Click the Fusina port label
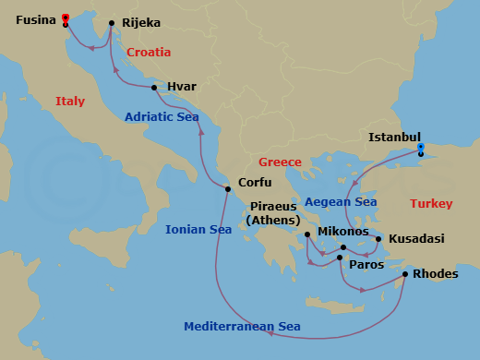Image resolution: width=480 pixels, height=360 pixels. pos(34,18)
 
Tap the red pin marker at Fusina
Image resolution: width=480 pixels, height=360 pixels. pos(65,18)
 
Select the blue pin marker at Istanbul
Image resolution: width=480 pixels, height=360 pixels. pos(421,147)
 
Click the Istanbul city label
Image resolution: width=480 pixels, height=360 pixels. pos(394,137)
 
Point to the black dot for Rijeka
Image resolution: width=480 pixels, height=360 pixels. pos(111,23)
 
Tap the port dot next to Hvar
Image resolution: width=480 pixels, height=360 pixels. pos(154,88)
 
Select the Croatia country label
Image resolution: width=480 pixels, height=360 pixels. pos(149,53)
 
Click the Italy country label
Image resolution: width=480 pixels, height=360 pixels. pos(70,101)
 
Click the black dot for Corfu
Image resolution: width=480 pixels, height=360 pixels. pos(227,189)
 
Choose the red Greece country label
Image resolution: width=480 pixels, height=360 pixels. pos(280,162)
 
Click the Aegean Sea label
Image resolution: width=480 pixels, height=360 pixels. pos(341,201)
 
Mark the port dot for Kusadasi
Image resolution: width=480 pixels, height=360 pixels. pos(378,239)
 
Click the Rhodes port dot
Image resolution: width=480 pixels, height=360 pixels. pos(404,273)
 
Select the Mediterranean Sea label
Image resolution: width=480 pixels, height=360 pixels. pos(242,326)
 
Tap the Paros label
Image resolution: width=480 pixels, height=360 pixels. pos(365,263)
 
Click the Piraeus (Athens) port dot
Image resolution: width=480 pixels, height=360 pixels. pos(307,234)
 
